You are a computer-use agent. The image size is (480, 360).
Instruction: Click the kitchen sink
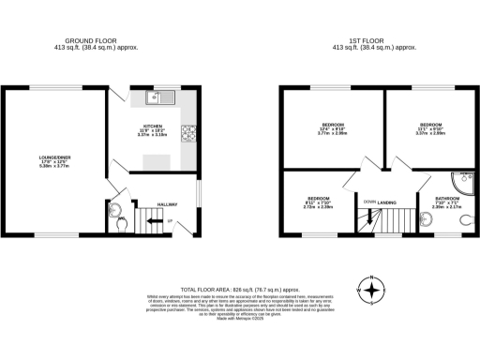(157, 96)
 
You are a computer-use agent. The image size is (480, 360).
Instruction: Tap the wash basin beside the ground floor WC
(115, 208)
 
